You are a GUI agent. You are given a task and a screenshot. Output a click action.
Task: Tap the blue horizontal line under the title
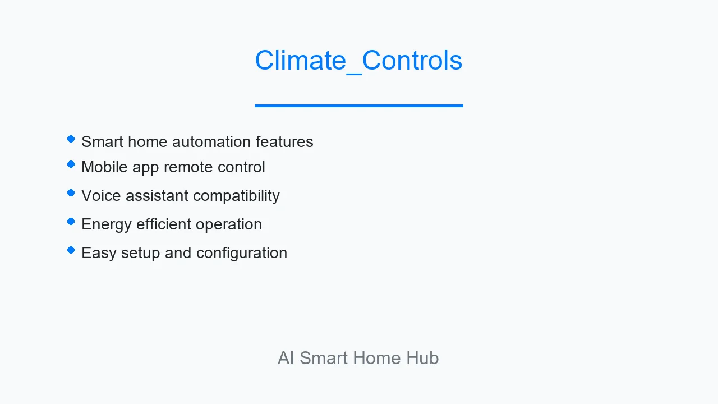pyautogui.click(x=358, y=105)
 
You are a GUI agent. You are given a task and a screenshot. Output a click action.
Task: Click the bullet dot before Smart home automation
pyautogui.click(x=71, y=139)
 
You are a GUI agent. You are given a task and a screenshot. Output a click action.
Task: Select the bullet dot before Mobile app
pyautogui.click(x=71, y=164)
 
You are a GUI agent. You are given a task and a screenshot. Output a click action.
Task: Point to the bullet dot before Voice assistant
pyautogui.click(x=71, y=193)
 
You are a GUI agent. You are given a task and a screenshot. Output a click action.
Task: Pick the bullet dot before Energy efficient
pyautogui.click(x=71, y=222)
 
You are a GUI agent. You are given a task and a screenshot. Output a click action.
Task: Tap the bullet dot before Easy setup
pyautogui.click(x=71, y=250)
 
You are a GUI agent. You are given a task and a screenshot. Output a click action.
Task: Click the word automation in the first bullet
pyautogui.click(x=211, y=142)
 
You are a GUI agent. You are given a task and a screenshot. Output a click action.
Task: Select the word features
pyautogui.click(x=284, y=142)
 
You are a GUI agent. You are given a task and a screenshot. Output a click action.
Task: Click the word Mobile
pyautogui.click(x=104, y=167)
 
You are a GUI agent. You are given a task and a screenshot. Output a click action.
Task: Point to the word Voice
pyautogui.click(x=101, y=196)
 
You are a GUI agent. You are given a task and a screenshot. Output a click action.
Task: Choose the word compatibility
pyautogui.click(x=236, y=196)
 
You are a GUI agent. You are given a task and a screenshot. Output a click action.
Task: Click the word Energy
pyautogui.click(x=107, y=224)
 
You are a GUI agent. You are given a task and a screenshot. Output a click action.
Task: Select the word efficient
pyautogui.click(x=163, y=224)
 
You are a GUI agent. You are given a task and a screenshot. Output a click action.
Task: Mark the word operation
pyautogui.click(x=229, y=224)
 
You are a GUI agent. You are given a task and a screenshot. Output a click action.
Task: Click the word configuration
pyautogui.click(x=242, y=253)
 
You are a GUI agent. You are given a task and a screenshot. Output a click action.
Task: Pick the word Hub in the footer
pyautogui.click(x=422, y=358)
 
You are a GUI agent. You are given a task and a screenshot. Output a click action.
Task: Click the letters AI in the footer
pyautogui.click(x=286, y=358)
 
